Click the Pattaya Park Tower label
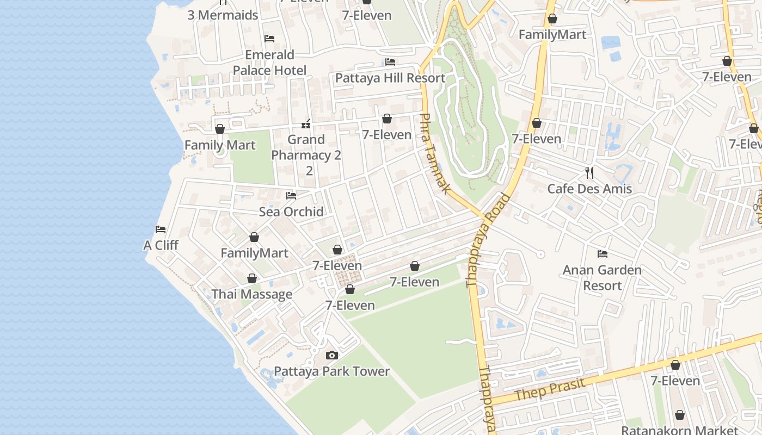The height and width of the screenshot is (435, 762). (331, 371)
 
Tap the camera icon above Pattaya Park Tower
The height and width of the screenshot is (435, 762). (331, 356)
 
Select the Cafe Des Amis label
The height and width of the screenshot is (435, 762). (589, 189)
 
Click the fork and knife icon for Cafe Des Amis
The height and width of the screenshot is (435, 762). (589, 173)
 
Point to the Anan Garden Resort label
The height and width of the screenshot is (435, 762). (602, 277)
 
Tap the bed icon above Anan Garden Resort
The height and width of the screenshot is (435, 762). (602, 254)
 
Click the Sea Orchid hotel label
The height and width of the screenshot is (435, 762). (291, 212)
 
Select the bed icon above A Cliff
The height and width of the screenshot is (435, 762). (161, 229)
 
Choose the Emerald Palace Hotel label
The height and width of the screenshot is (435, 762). (269, 63)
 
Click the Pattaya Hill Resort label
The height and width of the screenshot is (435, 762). (390, 78)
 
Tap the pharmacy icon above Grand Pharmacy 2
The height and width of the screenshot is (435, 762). (306, 124)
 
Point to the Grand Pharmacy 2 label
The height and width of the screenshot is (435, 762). (306, 155)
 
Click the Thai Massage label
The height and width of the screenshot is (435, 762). (252, 294)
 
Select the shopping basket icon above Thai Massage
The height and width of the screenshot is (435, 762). (252, 278)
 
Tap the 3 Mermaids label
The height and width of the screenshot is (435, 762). (223, 15)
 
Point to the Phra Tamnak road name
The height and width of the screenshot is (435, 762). (435, 153)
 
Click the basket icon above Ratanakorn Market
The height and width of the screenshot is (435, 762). (679, 415)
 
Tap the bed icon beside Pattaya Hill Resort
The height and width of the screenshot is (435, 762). (390, 62)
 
